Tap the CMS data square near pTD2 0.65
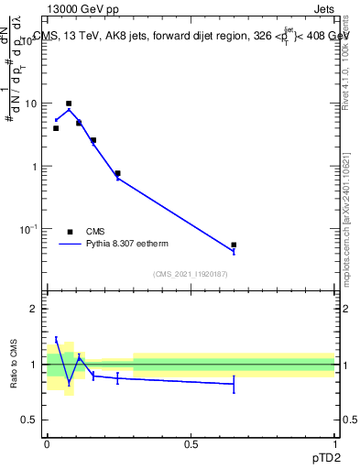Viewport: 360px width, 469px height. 234,245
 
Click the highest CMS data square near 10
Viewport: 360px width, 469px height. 69,104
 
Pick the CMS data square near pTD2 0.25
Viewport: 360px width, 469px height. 117,173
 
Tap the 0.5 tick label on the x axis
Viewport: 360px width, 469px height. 191,444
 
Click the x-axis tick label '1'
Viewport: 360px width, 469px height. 335,444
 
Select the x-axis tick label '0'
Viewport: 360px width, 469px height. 47,444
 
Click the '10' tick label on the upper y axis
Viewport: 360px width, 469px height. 30,104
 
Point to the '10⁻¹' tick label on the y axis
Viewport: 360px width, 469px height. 28,228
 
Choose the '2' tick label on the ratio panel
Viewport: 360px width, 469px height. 34,309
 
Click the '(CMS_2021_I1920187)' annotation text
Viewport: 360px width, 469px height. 191,274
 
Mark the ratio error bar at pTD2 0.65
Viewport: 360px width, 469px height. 234,384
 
